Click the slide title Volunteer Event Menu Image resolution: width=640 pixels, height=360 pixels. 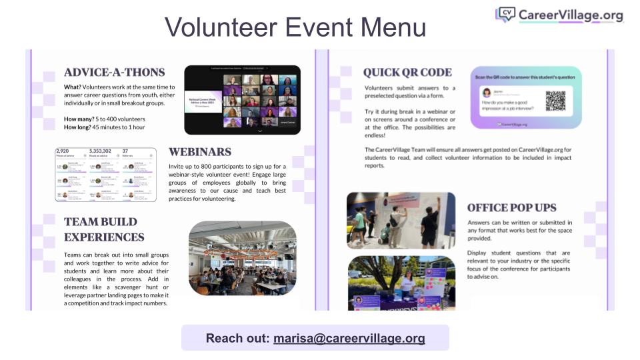[295, 27]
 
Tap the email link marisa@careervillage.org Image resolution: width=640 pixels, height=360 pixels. [349, 338]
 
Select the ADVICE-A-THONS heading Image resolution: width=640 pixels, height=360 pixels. [114, 72]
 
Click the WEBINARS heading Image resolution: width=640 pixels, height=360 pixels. [200, 152]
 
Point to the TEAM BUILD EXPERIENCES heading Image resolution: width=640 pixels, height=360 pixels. [104, 229]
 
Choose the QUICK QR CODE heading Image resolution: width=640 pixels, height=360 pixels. [407, 72]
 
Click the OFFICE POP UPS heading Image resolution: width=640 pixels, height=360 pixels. [511, 207]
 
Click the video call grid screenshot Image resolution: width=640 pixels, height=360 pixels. [242, 99]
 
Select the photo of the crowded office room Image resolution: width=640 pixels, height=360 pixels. [242, 257]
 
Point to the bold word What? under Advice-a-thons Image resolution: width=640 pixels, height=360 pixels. [73, 87]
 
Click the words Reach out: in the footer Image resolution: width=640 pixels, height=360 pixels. [237, 338]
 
